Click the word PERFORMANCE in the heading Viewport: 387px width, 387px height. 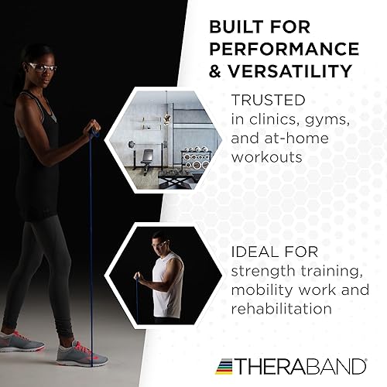click(x=284, y=50)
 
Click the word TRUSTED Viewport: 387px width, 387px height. click(x=268, y=100)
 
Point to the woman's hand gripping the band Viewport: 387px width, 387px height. click(x=93, y=125)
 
